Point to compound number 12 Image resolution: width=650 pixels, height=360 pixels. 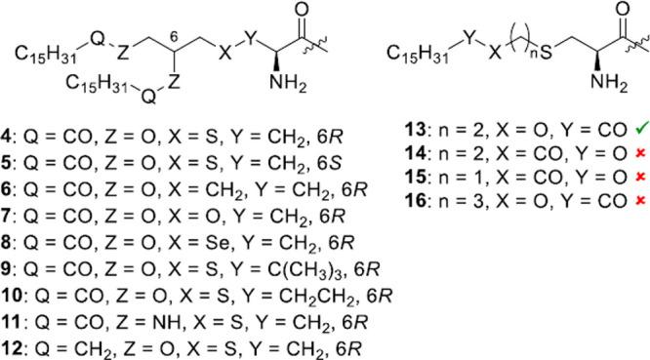tap(16, 343)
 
